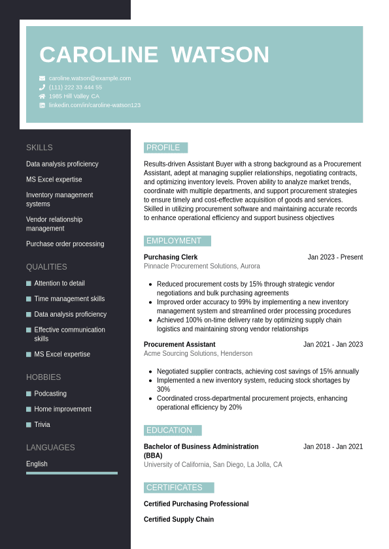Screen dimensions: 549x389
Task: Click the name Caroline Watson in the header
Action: (x=154, y=55)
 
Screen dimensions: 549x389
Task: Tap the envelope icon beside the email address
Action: (x=42, y=78)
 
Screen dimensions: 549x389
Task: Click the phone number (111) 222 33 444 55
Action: (x=75, y=87)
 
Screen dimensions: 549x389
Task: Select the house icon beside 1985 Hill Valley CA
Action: (x=42, y=96)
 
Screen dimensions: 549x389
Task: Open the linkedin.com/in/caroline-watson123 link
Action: (x=94, y=105)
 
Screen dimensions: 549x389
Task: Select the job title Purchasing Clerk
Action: (x=171, y=257)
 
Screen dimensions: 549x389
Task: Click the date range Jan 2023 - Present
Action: (x=335, y=257)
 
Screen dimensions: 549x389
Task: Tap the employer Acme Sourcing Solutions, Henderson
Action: (x=198, y=354)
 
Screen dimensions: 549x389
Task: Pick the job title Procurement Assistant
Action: (x=179, y=345)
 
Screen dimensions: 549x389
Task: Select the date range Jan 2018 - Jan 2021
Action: (x=333, y=447)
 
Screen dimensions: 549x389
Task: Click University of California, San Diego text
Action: (x=213, y=465)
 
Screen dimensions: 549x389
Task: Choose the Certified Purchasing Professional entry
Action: (x=196, y=504)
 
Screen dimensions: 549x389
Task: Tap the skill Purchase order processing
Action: (x=65, y=244)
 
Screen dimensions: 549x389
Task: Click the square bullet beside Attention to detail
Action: (x=29, y=283)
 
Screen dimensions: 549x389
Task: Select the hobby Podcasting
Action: (x=50, y=394)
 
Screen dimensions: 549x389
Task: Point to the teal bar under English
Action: (x=72, y=473)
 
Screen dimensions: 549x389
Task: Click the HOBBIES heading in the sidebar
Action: (x=44, y=377)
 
